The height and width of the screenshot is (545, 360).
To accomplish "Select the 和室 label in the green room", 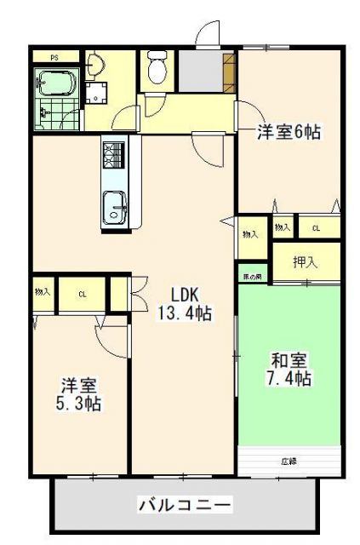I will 290,359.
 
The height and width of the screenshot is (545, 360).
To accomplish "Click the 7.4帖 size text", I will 290,378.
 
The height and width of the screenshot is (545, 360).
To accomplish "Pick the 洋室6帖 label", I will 289,132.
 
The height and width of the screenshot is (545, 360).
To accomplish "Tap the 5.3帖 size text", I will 80,404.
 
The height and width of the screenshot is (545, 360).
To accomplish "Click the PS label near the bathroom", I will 54,58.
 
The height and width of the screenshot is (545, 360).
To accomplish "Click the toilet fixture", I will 157,67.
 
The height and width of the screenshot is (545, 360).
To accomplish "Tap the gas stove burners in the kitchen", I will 115,156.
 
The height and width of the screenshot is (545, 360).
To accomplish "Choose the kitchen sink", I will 115,207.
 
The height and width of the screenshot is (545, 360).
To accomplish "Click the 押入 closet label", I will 305,262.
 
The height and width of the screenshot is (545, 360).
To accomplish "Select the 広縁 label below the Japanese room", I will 290,462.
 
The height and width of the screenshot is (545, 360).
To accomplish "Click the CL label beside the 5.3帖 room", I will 83,294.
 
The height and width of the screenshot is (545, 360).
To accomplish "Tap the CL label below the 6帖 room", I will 316,228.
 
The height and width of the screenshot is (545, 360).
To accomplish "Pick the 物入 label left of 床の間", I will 250,234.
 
